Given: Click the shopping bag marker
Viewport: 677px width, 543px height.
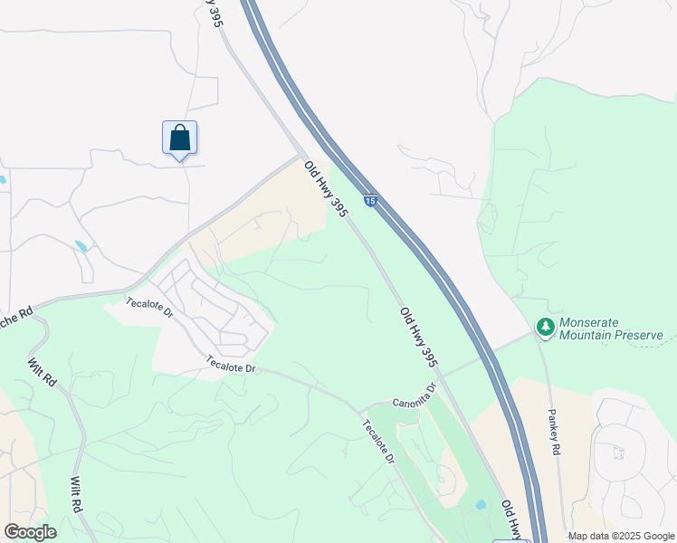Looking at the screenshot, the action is tap(180, 138).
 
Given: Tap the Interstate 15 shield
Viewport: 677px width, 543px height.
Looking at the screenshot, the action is tap(370, 200).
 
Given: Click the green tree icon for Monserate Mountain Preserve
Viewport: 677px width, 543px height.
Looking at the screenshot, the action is tap(545, 327).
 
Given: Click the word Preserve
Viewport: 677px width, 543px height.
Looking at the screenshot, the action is tap(637, 336).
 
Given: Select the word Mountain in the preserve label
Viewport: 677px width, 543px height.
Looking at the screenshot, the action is tap(585, 336).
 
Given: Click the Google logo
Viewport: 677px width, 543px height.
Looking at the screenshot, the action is tap(30, 532).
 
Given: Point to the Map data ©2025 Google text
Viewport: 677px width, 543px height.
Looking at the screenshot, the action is tap(621, 536).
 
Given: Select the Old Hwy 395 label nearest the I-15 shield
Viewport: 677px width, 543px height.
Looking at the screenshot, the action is tap(326, 189).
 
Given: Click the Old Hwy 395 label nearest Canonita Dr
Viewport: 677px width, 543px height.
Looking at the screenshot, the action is tap(420, 337).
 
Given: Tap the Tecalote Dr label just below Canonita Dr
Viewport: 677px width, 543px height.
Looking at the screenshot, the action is tap(379, 443).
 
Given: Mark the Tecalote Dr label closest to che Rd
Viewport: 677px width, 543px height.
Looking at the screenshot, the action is tap(149, 307).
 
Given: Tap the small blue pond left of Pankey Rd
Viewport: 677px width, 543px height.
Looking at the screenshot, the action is tap(481, 504).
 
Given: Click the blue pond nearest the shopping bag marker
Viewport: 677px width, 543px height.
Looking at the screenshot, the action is tap(82, 246).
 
